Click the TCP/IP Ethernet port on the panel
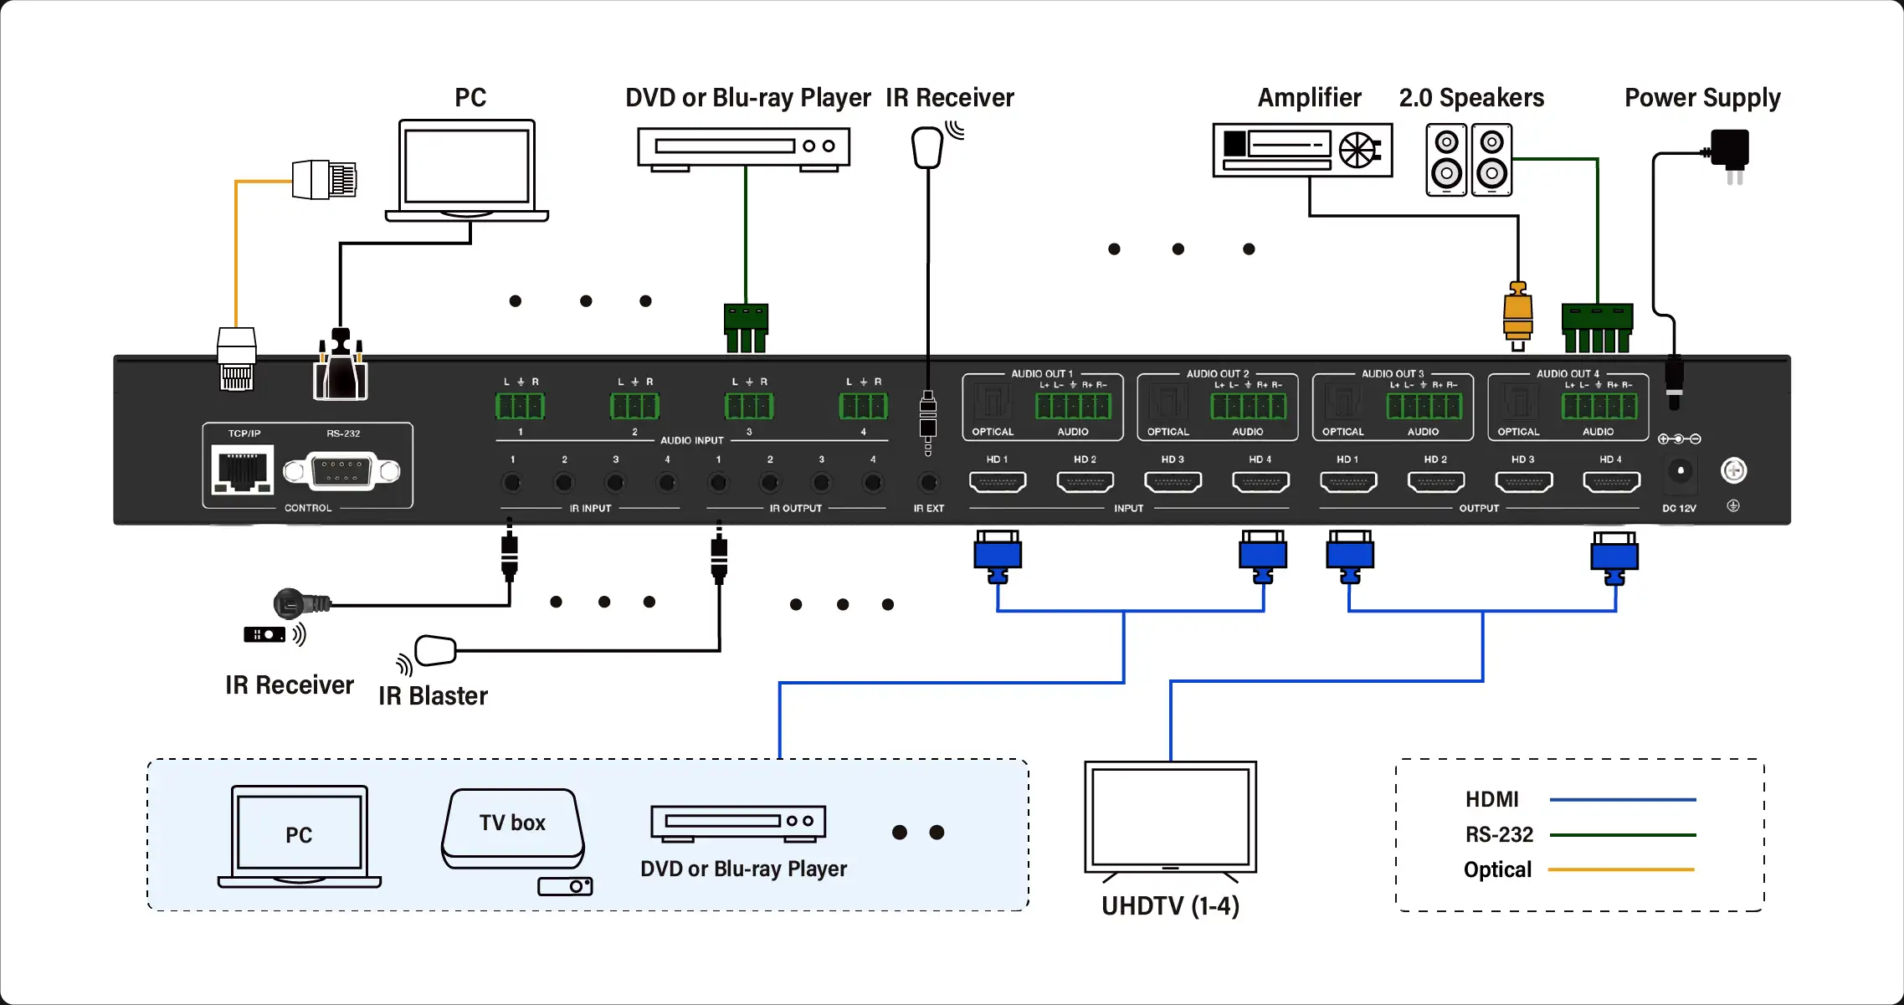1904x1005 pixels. click(242, 470)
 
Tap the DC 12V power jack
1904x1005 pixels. click(1680, 471)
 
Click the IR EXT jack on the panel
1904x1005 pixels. click(928, 483)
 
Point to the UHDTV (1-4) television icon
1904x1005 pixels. click(1170, 818)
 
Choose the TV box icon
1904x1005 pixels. click(513, 828)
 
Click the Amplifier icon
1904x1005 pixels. click(1302, 151)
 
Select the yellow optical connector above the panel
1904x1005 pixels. click(1517, 314)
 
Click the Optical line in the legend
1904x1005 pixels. click(1621, 870)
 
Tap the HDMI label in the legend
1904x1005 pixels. click(1491, 800)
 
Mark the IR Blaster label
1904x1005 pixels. click(433, 696)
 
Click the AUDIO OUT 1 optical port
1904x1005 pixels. click(993, 403)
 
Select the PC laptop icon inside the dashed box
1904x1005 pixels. click(299, 835)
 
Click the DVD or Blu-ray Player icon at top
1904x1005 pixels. click(743, 148)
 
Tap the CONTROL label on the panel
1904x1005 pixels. click(308, 508)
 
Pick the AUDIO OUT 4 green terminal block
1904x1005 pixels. click(1599, 407)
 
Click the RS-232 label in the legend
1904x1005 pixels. click(1499, 835)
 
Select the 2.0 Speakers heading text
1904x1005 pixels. click(1471, 98)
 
